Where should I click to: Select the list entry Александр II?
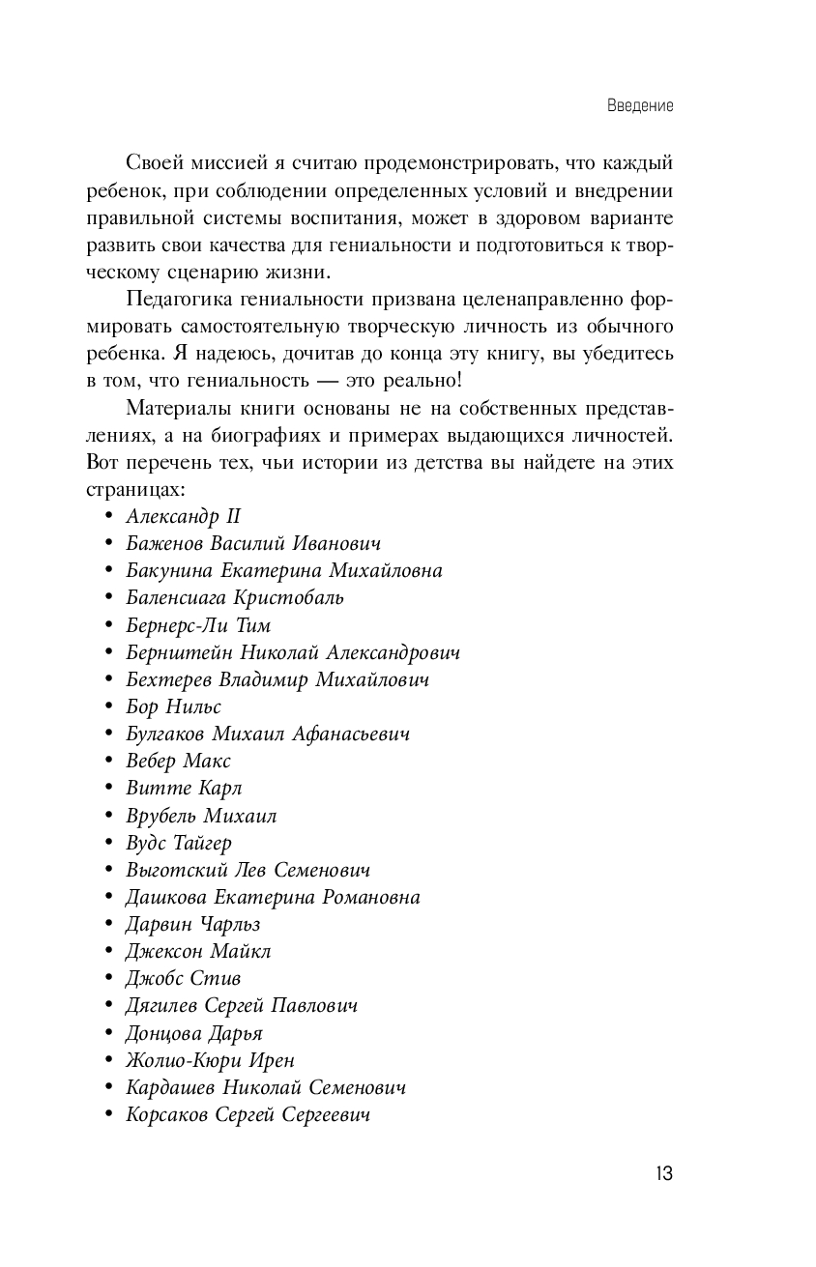(183, 516)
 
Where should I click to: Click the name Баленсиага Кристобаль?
(235, 597)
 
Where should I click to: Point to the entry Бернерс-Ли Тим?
(198, 625)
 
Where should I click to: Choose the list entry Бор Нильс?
(174, 706)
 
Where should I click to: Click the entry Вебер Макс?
(179, 762)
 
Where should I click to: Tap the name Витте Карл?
(184, 789)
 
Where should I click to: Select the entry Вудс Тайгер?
(179, 843)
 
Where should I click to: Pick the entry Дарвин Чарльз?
(193, 925)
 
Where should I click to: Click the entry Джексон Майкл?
(198, 952)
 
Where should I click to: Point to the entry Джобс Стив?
(184, 979)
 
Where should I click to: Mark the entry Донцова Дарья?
(194, 1033)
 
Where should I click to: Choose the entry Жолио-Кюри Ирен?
(211, 1060)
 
